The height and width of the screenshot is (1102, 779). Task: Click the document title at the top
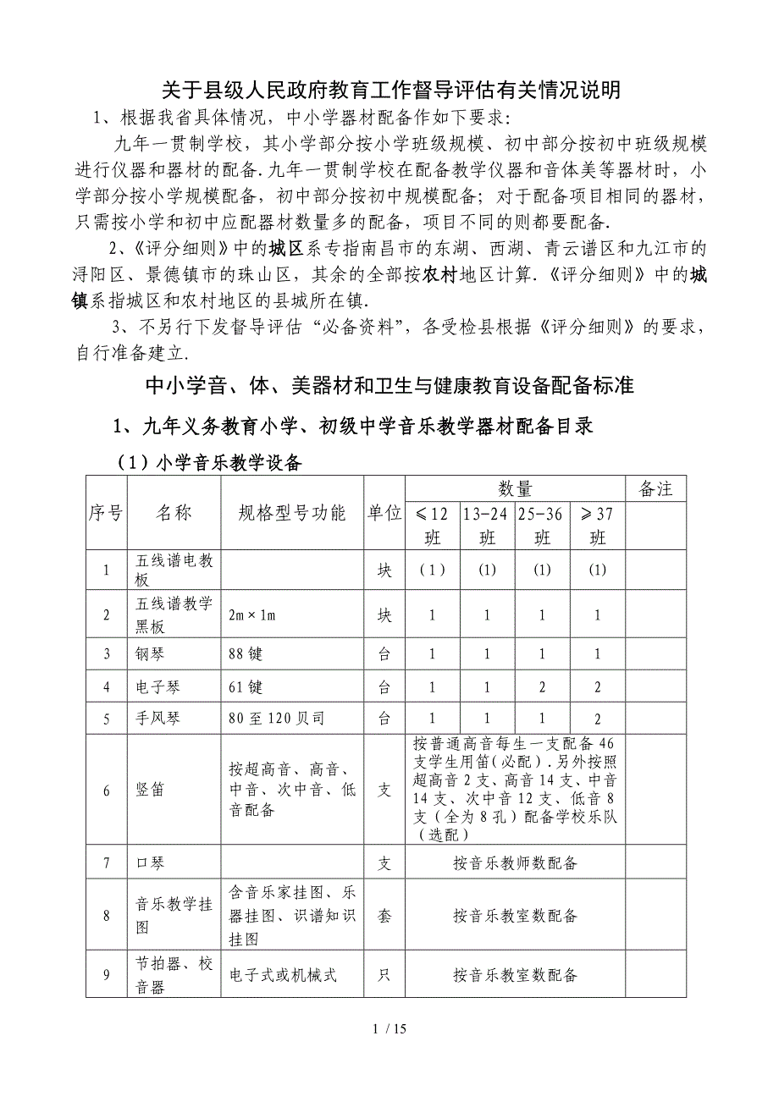pos(390,90)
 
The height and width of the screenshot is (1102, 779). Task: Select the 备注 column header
pos(655,488)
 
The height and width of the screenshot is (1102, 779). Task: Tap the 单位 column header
pos(384,513)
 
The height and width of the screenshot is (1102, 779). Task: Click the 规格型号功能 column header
pos(292,513)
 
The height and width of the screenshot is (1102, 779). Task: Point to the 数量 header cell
pos(515,488)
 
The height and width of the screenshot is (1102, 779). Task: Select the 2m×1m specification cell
pos(252,615)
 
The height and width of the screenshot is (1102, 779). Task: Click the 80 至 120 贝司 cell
pos(276,719)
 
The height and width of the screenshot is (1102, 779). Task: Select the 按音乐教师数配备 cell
pos(515,862)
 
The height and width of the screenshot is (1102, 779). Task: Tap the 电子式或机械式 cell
pos(283,975)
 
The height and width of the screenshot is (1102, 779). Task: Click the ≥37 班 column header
pos(598,525)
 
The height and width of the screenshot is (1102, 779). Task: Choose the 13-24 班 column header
pos(487,525)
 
